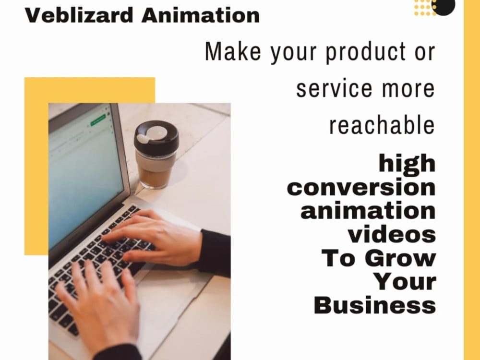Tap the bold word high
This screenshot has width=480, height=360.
point(407,165)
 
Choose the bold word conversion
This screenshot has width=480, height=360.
point(361,187)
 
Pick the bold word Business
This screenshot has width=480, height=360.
point(375,305)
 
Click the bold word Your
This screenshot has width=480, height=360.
point(405,282)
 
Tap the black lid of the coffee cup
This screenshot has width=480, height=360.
point(156,137)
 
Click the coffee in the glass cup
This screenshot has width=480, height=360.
point(153,175)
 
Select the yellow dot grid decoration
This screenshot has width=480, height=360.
point(423,7)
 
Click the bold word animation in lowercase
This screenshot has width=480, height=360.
point(368,211)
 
